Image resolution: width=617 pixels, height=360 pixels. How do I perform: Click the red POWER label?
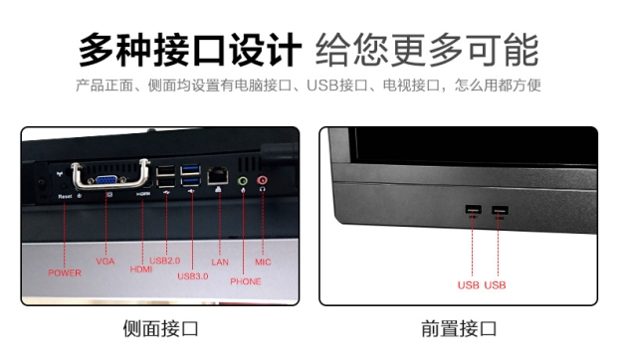click(65, 272)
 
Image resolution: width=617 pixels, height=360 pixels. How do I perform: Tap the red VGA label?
click(105, 262)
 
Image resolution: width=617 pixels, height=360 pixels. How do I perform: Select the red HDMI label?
click(141, 270)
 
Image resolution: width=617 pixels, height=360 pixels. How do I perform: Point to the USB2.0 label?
click(165, 261)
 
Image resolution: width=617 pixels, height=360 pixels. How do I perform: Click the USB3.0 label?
click(193, 276)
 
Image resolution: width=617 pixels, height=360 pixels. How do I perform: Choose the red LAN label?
click(220, 263)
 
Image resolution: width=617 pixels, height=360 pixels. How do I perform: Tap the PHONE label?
click(246, 281)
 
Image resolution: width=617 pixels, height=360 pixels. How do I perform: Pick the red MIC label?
click(263, 263)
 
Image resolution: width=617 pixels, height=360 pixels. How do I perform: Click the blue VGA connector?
click(106, 180)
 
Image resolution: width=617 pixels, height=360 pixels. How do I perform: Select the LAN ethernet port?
click(218, 176)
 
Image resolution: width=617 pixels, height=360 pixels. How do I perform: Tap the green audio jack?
click(243, 181)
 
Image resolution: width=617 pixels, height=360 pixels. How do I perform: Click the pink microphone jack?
click(262, 180)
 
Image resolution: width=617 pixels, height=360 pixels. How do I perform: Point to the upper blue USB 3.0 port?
click(190, 170)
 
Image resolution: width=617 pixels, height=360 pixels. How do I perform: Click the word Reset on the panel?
click(65, 196)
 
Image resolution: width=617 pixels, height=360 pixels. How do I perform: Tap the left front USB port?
click(473, 209)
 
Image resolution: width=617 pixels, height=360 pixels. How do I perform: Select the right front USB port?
click(500, 210)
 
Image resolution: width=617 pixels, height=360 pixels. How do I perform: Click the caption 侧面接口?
click(160, 328)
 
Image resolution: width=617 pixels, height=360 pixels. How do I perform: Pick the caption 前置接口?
click(459, 328)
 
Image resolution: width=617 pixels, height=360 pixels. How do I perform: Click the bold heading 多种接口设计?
click(190, 51)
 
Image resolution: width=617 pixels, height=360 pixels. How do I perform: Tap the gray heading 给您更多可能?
click(427, 51)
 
